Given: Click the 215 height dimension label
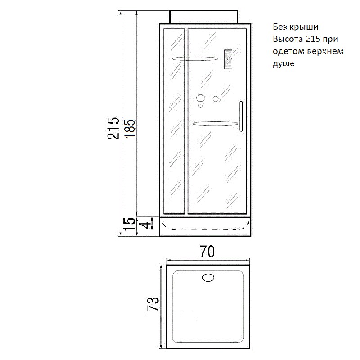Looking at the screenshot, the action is (x=113, y=128).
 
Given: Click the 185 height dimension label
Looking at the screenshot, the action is (x=130, y=128).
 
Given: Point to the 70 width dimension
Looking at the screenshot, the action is (x=207, y=252).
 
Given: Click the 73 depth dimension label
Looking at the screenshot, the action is (x=153, y=304).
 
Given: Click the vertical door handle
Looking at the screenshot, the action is (x=241, y=117).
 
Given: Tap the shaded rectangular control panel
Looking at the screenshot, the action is (x=228, y=59).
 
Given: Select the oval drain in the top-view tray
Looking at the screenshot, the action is (x=208, y=278).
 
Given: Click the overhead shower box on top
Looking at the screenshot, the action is (x=203, y=17).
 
